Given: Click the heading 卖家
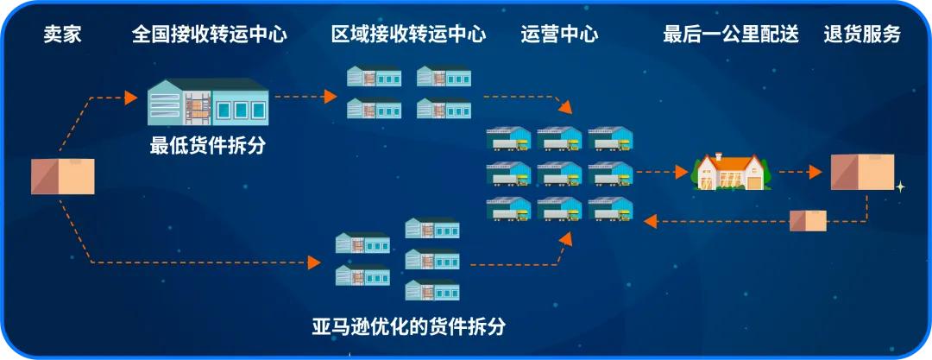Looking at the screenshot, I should (x=63, y=35).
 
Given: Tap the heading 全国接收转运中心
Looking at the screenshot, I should (x=210, y=35).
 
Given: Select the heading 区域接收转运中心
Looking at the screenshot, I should (x=408, y=35).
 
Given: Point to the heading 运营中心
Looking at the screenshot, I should (x=559, y=35).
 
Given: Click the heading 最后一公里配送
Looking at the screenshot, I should (x=731, y=35).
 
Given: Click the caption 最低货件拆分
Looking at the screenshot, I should (x=208, y=146).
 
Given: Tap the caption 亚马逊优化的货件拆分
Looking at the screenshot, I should (x=408, y=327).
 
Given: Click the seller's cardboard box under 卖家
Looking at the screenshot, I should (x=63, y=175).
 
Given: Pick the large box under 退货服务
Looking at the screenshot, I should (x=862, y=173).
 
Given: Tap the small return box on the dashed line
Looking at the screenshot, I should (x=809, y=221).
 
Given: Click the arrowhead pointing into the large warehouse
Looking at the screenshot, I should (x=131, y=97).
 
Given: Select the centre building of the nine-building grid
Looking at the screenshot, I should (x=559, y=174).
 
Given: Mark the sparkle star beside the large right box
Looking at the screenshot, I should (x=900, y=186).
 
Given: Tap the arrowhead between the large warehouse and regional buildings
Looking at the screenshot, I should (x=331, y=97).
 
